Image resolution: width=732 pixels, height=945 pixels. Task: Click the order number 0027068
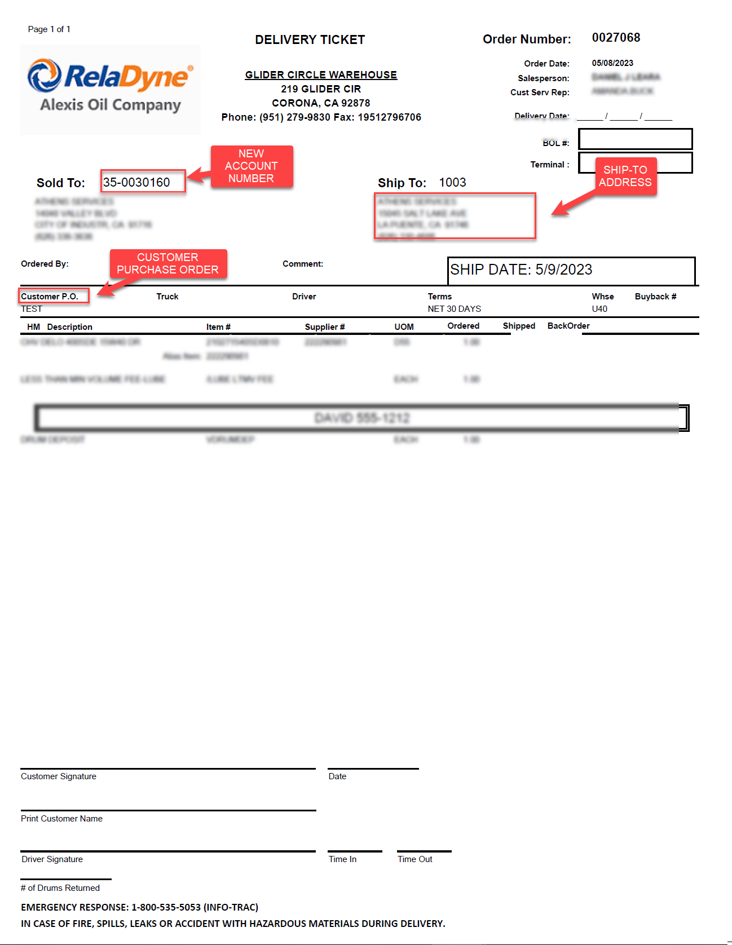616,38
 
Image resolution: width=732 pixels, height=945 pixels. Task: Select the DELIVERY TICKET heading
310,40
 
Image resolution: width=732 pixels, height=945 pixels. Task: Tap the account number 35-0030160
136,182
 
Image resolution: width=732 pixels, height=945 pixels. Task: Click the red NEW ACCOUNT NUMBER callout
252,166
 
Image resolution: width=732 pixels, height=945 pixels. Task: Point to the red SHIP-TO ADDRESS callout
625,176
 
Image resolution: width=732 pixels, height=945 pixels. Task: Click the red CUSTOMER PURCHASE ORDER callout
167,264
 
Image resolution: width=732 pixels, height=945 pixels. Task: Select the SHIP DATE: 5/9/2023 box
571,271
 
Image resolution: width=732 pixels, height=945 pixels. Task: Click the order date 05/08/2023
612,63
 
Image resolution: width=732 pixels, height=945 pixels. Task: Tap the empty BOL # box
635,139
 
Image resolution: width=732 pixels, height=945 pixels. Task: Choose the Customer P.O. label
50,296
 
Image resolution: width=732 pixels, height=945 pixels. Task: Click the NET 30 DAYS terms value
454,309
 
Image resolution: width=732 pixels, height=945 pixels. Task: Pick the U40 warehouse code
599,309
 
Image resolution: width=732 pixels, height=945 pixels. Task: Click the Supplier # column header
325,327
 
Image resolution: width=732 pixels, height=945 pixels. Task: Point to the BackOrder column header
568,326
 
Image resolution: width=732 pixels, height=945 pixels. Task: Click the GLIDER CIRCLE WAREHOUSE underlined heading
321,75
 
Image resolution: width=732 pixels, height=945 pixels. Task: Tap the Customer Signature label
59,776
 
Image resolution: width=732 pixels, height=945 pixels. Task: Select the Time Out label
415,859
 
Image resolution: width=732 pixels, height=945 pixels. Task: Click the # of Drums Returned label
60,888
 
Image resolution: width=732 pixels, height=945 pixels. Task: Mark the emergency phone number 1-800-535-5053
166,907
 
